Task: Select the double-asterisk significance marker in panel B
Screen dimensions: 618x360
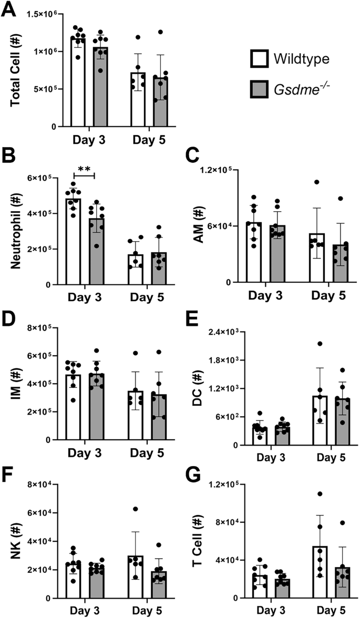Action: pyautogui.click(x=84, y=169)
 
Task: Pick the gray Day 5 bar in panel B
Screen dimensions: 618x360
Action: pyautogui.click(x=160, y=269)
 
